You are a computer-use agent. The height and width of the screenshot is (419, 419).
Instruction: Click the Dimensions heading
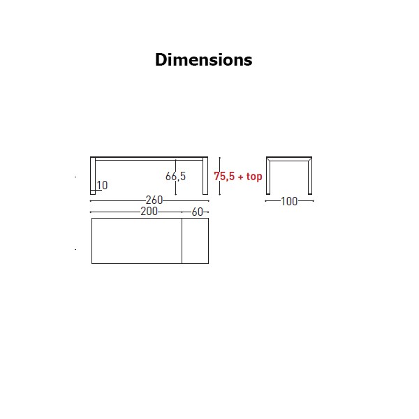[204, 59]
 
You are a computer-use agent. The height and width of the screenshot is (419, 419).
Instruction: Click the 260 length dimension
[154, 200]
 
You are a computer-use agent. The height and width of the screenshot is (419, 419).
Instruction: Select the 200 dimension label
[149, 212]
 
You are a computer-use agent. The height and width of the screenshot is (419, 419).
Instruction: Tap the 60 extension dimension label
[198, 212]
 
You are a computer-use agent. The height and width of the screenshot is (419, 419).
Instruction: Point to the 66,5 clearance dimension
[175, 176]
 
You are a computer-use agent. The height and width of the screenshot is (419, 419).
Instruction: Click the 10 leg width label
[102, 185]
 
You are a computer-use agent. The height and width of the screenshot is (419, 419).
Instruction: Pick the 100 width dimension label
[289, 201]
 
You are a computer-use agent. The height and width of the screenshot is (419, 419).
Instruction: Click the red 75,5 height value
[224, 177]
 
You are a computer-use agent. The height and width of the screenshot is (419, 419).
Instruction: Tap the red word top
[254, 177]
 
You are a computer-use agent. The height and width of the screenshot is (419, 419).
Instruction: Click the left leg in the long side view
[93, 176]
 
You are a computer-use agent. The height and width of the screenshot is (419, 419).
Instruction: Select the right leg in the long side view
[205, 176]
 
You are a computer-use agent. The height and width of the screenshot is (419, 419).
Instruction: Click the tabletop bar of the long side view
[149, 159]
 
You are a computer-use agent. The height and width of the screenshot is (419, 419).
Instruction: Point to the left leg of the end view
[268, 176]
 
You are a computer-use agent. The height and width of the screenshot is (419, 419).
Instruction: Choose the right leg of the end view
[310, 176]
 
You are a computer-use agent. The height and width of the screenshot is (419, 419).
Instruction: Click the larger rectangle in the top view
[137, 241]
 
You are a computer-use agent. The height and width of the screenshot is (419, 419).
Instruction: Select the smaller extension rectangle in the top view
[196, 241]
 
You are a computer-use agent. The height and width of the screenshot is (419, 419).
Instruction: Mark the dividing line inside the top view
[182, 241]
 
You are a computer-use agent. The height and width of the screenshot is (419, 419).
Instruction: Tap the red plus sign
[240, 177]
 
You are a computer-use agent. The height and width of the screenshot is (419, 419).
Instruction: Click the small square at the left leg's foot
[93, 193]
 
